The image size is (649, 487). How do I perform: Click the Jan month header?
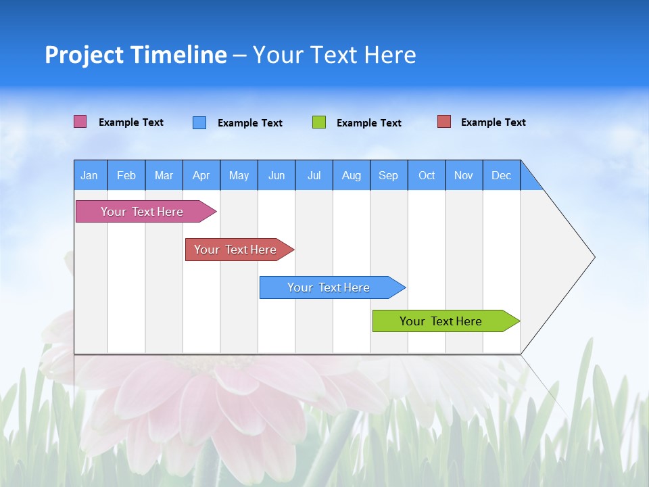90,175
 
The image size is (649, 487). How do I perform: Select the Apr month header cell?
201,175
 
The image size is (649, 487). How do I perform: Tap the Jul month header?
314,175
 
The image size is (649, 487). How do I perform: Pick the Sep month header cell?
389,175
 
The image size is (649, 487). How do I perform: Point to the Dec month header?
501,175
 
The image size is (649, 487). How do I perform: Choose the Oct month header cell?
427,175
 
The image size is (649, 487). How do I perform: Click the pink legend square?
80,122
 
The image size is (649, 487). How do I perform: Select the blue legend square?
199,122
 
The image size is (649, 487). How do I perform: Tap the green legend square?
319,122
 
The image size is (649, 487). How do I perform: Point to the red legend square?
443,122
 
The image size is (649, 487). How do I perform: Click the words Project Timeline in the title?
136,55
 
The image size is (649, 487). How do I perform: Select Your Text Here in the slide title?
334,55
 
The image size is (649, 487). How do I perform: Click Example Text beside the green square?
368,123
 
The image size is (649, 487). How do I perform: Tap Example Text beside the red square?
493,122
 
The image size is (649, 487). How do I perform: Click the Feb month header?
126,175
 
